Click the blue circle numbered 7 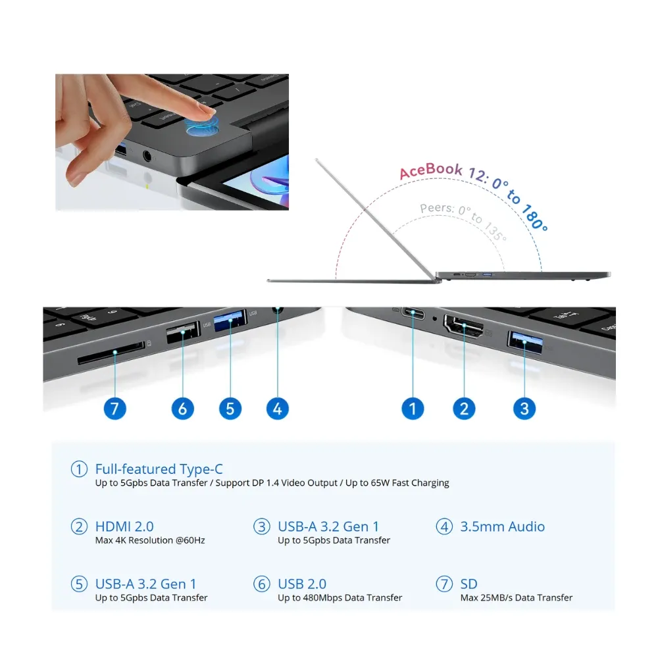coord(114,409)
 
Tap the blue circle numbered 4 coord(278,409)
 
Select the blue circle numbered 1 coord(413,409)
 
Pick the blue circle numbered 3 coord(524,409)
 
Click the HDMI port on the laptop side coord(464,326)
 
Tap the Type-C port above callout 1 coord(413,313)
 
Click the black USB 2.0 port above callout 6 coord(184,332)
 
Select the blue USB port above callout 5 coord(230,320)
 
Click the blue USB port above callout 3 coord(524,342)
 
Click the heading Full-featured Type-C coord(159,468)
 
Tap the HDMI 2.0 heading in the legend coord(124,526)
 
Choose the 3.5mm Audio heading coord(502,526)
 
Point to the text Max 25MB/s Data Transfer coord(516,597)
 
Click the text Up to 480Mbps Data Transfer coord(340,597)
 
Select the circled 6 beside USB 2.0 coord(261,584)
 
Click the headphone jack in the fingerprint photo coord(147,156)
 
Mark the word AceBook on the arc coord(430,170)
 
